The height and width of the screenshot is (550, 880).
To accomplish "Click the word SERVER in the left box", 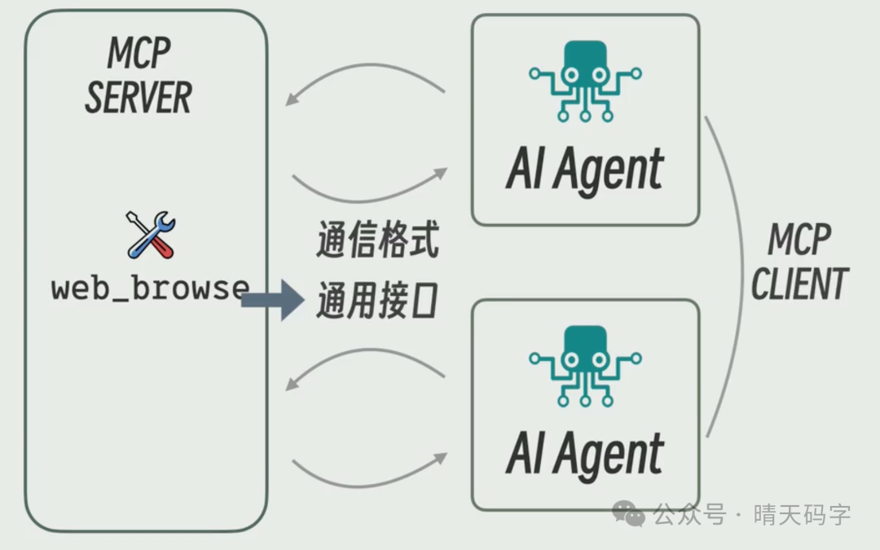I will click(x=139, y=98).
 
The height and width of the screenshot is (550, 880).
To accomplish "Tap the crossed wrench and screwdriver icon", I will click(x=151, y=235).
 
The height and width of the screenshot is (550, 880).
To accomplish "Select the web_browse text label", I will click(x=150, y=288).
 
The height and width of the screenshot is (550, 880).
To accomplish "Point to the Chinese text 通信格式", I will click(x=377, y=243).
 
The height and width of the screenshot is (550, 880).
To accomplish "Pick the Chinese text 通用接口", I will click(x=377, y=301).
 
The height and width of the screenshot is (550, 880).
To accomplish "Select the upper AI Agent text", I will click(x=584, y=169).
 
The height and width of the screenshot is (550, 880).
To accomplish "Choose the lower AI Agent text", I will click(x=584, y=453).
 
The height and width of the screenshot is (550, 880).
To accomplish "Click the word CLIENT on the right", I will click(x=799, y=284).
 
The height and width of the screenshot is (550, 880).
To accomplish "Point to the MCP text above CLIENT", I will click(x=799, y=241).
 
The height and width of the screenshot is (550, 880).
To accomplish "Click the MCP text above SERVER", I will click(x=139, y=54).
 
